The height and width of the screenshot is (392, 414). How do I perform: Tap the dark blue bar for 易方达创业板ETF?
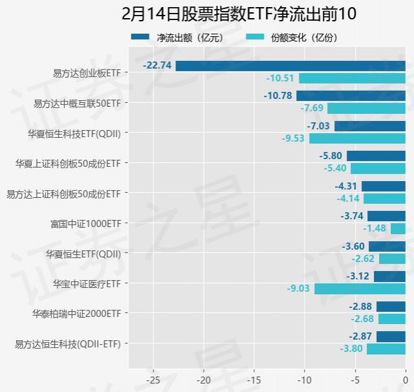(x=290, y=66)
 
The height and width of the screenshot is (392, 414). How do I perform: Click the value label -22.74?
(x=159, y=65)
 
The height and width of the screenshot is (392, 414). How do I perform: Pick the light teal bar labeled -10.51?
(x=352, y=78)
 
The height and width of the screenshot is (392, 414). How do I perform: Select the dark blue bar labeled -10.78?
(x=351, y=96)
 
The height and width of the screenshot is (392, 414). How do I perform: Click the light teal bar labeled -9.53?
(x=357, y=138)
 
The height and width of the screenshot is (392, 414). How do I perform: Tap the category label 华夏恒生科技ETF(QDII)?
(x=74, y=134)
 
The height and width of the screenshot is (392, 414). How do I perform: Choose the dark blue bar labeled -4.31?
(x=384, y=186)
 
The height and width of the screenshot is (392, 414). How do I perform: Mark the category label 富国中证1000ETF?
(x=85, y=224)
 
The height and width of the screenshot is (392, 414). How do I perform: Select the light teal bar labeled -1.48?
(x=398, y=228)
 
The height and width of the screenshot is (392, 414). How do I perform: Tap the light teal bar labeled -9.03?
(x=360, y=289)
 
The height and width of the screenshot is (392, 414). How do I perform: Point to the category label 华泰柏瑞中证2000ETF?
(x=77, y=314)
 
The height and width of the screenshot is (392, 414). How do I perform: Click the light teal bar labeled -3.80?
(x=386, y=349)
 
